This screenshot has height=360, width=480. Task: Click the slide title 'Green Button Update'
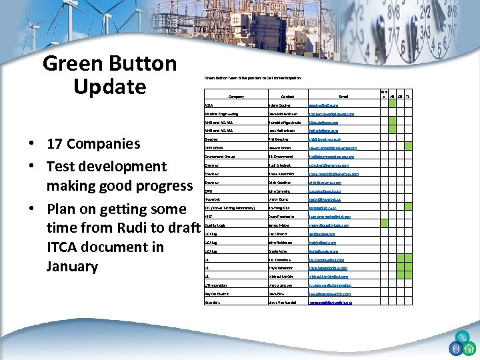tap(109, 75)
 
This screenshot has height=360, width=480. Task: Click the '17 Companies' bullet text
tap(91, 144)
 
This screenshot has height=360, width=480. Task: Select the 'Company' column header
tap(233, 97)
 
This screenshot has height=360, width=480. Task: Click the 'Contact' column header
tap(287, 97)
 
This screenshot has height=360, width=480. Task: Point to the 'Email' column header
tap(343, 97)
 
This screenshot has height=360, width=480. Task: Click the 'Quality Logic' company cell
tap(216, 225)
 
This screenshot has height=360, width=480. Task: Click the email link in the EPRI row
tap(325, 191)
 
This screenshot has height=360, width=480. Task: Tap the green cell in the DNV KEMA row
tap(392, 147)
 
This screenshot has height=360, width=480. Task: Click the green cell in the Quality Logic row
tap(392, 225)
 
